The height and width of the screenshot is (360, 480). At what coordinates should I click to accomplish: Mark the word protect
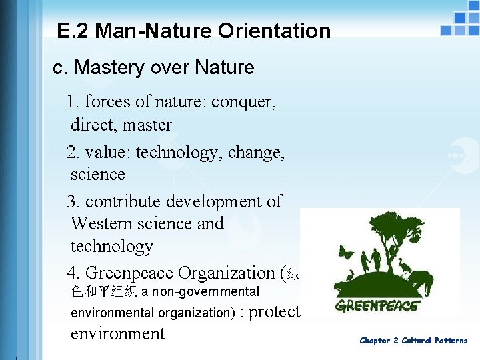click(x=276, y=312)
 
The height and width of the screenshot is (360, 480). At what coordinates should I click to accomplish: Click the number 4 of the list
click(x=72, y=273)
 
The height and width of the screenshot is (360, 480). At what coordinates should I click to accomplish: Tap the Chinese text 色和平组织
click(x=104, y=291)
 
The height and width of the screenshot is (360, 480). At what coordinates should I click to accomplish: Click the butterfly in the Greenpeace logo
click(x=346, y=253)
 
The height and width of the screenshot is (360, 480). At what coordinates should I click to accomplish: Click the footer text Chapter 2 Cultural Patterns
click(x=413, y=341)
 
